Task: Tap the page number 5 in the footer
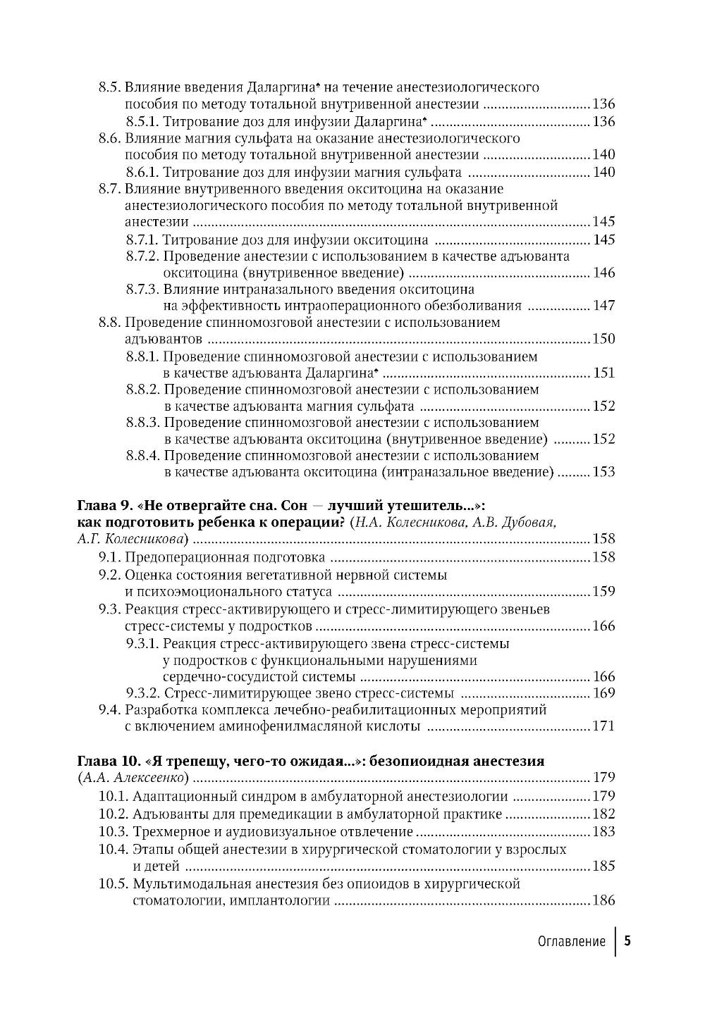pyautogui.click(x=627, y=941)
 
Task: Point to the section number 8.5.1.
pyautogui.click(x=143, y=121)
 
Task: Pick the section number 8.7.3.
pyautogui.click(x=143, y=289)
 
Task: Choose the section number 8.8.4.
pyautogui.click(x=145, y=455)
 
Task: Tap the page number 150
pyautogui.click(x=604, y=339)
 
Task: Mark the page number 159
pyautogui.click(x=604, y=591)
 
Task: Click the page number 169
pyautogui.click(x=604, y=692)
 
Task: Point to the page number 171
pyautogui.click(x=604, y=726)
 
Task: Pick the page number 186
pyautogui.click(x=604, y=900)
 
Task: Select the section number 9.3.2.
pyautogui.click(x=143, y=692)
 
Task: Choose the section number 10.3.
pyautogui.click(x=113, y=831)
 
